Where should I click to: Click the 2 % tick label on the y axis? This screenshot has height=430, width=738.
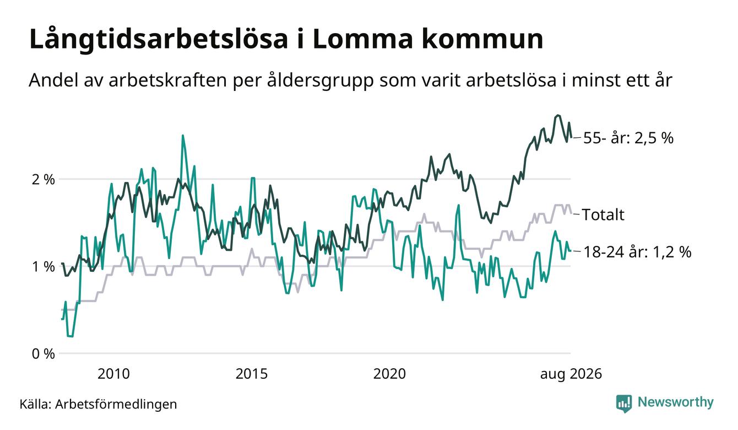[43, 180]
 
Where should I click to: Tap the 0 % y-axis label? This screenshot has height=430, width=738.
[43, 354]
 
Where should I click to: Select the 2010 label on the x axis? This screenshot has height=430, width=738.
[113, 374]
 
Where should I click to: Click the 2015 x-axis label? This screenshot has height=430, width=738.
[252, 374]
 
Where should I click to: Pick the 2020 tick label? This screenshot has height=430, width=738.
[389, 374]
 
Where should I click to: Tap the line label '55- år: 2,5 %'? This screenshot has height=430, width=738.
[628, 138]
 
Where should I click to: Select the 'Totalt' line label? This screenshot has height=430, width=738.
[603, 214]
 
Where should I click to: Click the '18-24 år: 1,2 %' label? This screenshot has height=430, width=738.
[637, 252]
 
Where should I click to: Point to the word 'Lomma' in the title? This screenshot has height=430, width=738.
[362, 40]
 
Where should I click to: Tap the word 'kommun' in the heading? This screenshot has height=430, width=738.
[482, 40]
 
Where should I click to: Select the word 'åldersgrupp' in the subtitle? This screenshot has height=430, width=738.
[320, 80]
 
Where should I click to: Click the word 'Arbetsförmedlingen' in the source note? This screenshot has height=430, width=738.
[116, 405]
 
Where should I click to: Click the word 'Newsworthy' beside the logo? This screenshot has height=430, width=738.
[675, 402]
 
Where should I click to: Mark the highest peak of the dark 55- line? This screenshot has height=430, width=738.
[557, 115]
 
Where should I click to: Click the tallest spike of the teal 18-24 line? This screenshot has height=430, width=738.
[183, 136]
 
